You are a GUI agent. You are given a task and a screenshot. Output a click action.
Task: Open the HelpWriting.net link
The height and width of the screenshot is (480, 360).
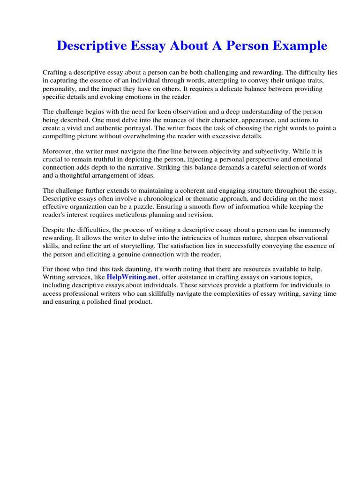pos(134,277)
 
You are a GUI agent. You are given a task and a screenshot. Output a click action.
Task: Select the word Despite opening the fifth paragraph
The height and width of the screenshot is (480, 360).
pos(55,230)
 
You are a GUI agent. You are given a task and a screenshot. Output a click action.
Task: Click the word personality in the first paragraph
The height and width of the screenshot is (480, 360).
pos(59,88)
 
